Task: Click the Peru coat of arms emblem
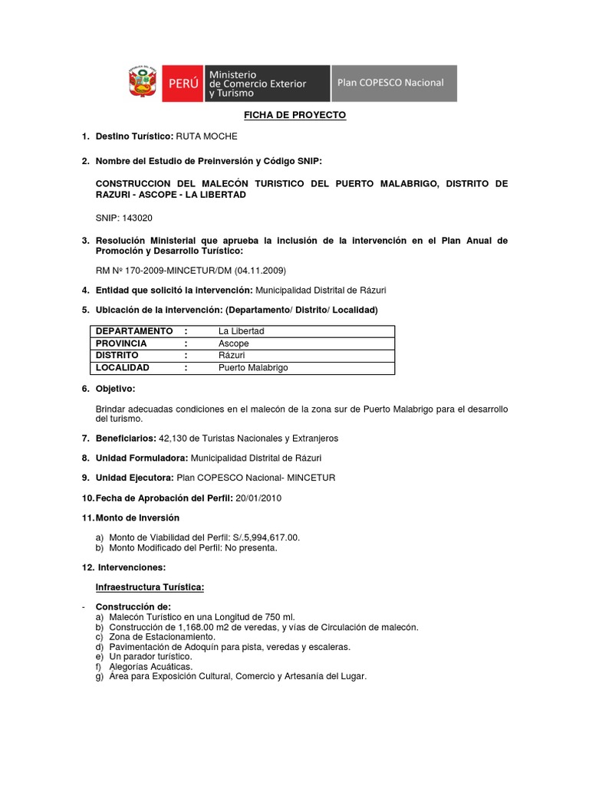coord(143,84)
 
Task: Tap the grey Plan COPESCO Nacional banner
coord(393,83)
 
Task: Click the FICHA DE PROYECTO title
coord(295,115)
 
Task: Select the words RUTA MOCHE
coord(207,136)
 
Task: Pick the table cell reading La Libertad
coord(241,331)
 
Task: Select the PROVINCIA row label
coord(121,343)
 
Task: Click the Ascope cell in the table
coord(233,343)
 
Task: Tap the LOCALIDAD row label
coord(122,368)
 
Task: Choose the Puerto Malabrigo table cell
coord(253,368)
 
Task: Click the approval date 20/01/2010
coord(258,498)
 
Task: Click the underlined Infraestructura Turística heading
coord(150,587)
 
